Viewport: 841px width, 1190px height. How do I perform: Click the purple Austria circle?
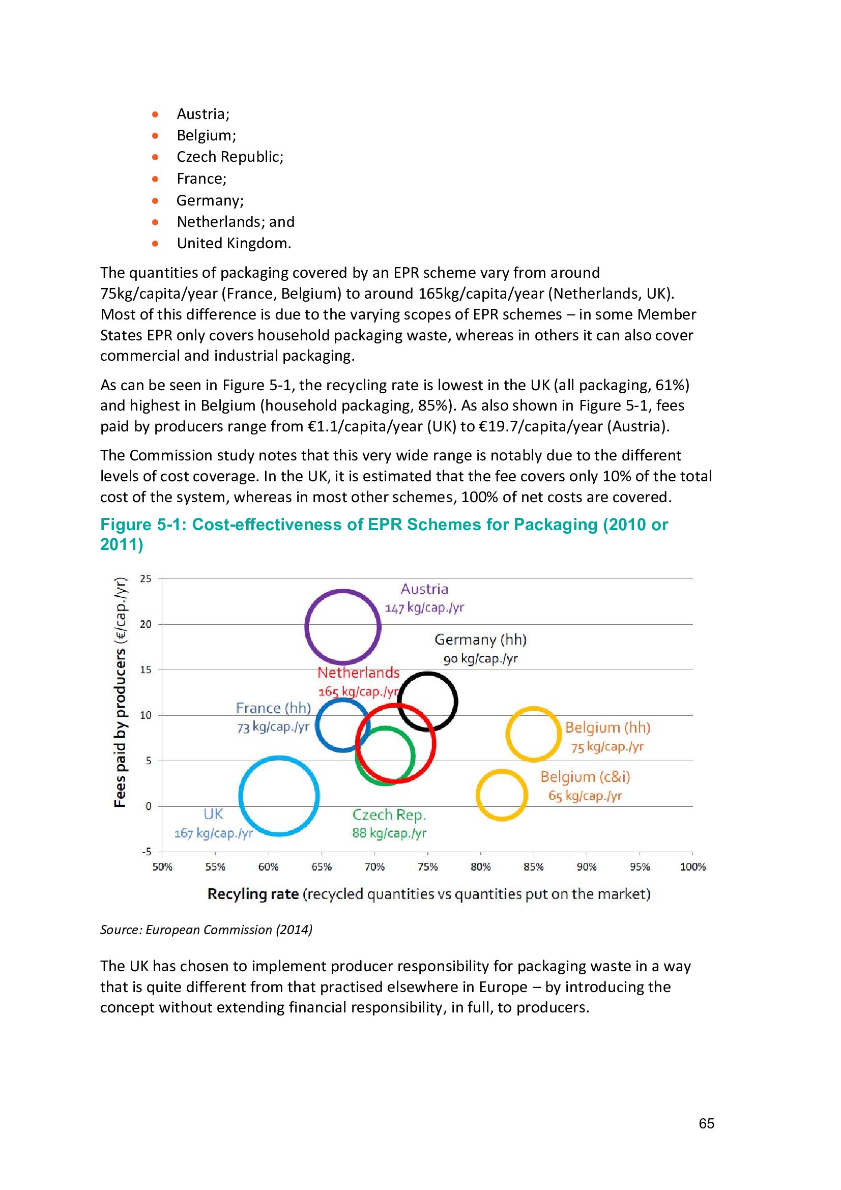click(x=342, y=592)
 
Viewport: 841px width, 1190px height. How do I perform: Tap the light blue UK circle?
click(x=279, y=760)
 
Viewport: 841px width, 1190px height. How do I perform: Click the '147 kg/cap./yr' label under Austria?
click(x=424, y=607)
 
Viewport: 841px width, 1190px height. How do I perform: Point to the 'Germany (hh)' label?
click(x=480, y=640)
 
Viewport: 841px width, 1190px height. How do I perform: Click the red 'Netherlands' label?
click(x=359, y=673)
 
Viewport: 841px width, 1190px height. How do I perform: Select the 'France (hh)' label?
click(x=273, y=708)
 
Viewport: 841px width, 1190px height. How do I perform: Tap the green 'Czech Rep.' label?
click(x=389, y=815)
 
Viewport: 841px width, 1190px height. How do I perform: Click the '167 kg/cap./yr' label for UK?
click(x=213, y=833)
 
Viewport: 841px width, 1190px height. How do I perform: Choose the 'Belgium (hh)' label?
click(x=607, y=728)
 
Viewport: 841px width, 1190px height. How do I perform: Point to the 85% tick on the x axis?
click(x=533, y=866)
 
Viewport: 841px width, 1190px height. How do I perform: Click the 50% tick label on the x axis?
click(x=162, y=866)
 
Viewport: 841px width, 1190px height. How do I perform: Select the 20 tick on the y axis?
click(x=146, y=624)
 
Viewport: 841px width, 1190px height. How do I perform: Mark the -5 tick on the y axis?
click(x=146, y=852)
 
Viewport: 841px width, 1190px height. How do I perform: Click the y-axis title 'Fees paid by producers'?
click(x=120, y=725)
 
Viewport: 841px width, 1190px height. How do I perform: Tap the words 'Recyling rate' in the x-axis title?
click(x=253, y=894)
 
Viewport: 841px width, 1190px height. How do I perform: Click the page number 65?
click(x=706, y=1123)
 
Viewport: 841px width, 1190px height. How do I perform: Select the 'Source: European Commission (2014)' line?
click(x=206, y=930)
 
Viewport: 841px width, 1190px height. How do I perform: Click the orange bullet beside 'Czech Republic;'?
click(x=155, y=157)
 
